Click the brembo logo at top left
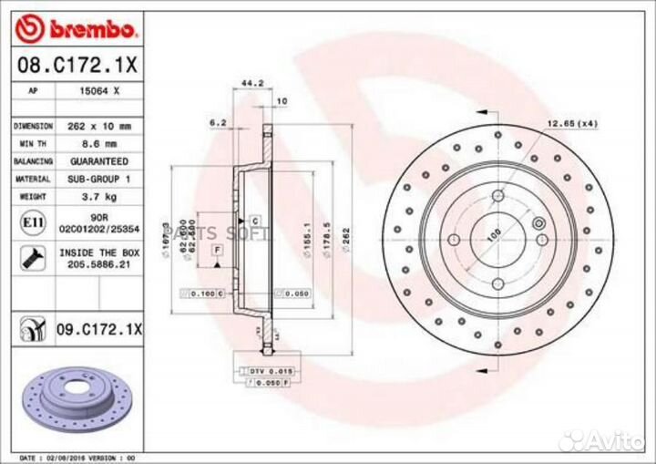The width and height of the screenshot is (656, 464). (x=78, y=29)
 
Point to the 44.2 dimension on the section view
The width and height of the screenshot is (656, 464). (x=251, y=83)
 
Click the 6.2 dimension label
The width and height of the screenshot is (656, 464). (x=217, y=120)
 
